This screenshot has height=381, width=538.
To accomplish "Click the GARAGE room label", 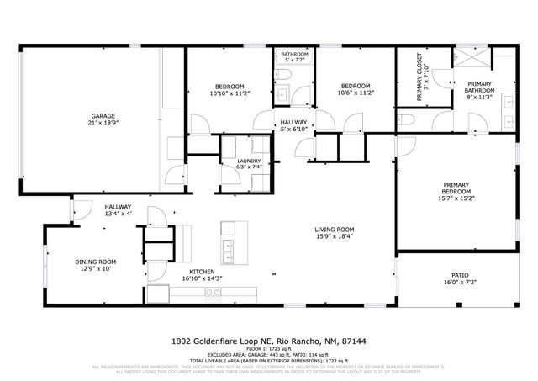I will point(103,116).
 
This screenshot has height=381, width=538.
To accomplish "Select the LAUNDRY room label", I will point(249,161).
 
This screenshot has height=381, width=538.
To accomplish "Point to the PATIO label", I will point(459,274).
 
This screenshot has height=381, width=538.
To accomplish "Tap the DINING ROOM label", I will point(94,262).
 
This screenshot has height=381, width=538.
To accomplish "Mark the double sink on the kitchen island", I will point(228,247).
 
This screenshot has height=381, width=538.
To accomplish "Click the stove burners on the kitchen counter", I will point(213,293).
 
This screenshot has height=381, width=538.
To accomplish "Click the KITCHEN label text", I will point(203,270).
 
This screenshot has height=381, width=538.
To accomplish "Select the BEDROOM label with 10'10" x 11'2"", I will point(229,87).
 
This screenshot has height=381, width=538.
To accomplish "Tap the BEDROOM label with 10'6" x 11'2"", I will point(356,86).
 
